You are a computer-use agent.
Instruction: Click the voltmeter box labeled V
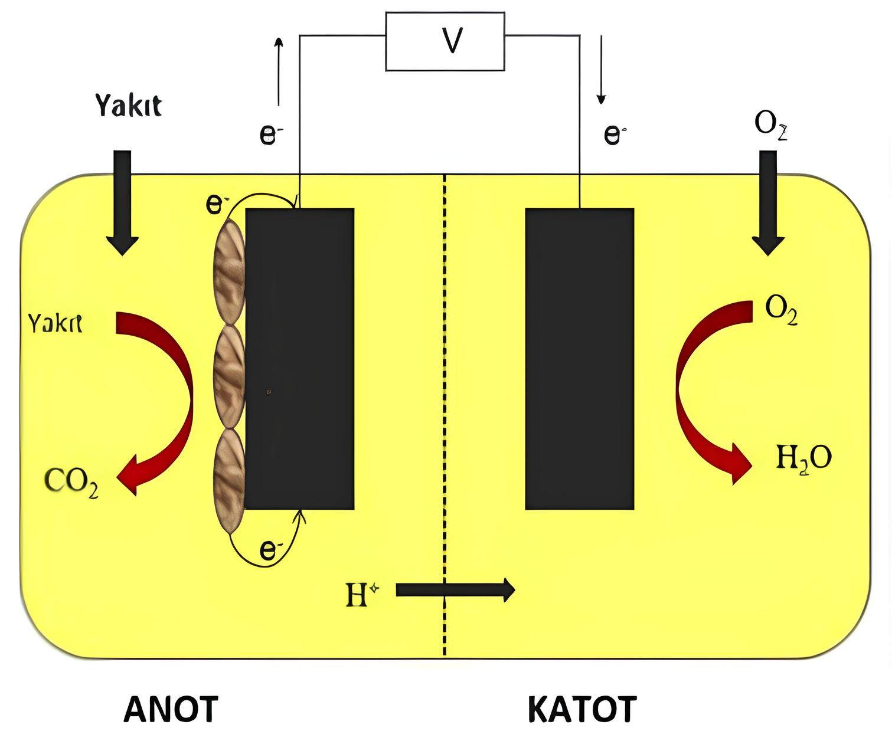pyautogui.click(x=445, y=41)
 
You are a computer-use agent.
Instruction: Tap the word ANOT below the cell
pyautogui.click(x=171, y=710)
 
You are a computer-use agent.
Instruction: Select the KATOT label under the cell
pyautogui.click(x=582, y=710)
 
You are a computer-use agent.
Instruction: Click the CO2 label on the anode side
pyautogui.click(x=71, y=483)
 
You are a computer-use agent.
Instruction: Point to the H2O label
pyautogui.click(x=803, y=458)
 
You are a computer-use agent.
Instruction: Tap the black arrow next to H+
pyautogui.click(x=455, y=589)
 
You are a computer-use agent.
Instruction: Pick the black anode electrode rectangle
pyautogui.click(x=300, y=359)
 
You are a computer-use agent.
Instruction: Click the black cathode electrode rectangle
pyautogui.click(x=580, y=359)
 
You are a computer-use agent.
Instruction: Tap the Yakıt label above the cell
pyautogui.click(x=128, y=106)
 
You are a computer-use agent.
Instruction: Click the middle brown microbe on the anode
pyautogui.click(x=228, y=376)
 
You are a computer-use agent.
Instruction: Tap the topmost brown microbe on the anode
pyautogui.click(x=228, y=271)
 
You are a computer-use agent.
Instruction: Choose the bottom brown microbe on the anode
pyautogui.click(x=228, y=481)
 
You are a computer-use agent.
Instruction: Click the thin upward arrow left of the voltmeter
pyautogui.click(x=279, y=71)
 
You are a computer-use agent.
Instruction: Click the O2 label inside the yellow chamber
pyautogui.click(x=781, y=310)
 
